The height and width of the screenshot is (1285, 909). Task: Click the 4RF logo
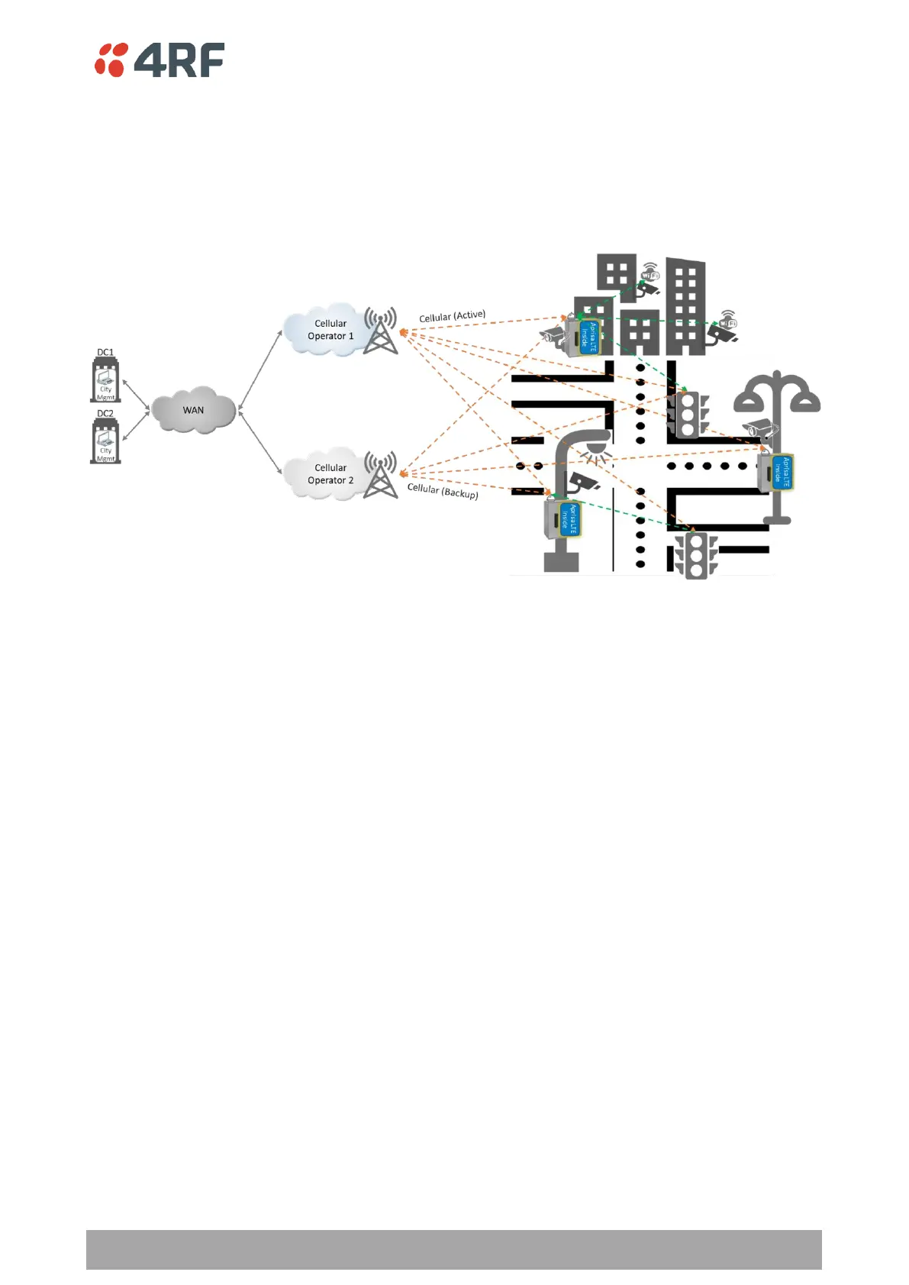160,60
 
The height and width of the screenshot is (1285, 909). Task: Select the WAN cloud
193,410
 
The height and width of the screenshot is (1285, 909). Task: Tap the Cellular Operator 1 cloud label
330,330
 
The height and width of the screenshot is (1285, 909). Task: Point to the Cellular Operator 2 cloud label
330,474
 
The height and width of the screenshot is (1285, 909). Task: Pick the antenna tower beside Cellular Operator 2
380,475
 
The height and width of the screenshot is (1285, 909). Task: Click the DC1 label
105,353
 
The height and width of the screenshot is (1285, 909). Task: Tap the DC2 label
105,414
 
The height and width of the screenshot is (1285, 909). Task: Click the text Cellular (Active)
452,316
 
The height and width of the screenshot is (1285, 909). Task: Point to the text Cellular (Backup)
443,491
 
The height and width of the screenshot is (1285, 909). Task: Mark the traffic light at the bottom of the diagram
695,556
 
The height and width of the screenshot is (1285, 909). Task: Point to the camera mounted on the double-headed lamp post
762,428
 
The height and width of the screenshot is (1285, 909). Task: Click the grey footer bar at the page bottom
453,1249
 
